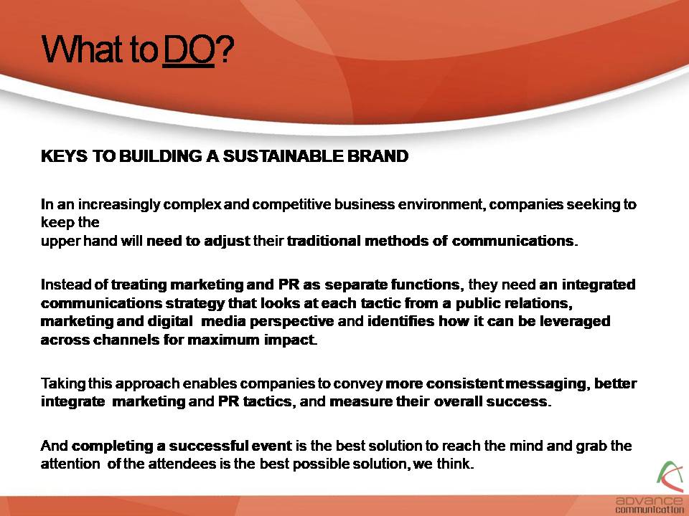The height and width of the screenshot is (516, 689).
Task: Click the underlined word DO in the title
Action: (189, 49)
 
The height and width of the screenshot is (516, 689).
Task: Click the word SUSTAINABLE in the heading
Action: (283, 156)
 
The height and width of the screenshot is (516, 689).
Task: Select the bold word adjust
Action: (228, 242)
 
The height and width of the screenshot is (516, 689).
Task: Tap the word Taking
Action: (63, 384)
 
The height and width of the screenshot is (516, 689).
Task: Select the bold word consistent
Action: (465, 384)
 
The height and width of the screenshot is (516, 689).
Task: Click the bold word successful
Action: (209, 446)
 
